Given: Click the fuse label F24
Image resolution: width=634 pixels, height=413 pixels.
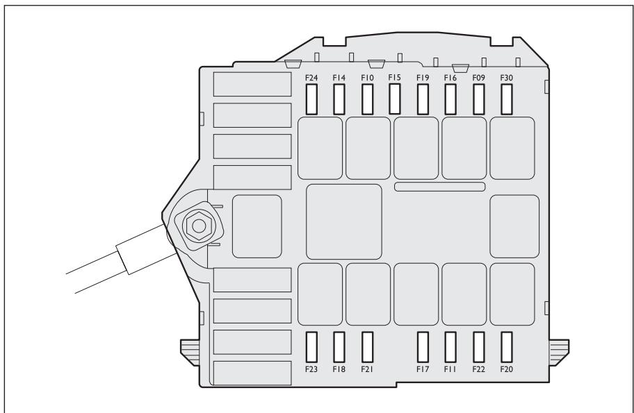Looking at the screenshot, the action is [x=311, y=78].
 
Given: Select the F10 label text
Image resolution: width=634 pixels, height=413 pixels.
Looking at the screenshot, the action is [x=367, y=78].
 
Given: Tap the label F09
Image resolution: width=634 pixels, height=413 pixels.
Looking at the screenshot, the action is [x=478, y=78].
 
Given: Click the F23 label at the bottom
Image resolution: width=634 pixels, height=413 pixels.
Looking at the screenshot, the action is [x=311, y=369].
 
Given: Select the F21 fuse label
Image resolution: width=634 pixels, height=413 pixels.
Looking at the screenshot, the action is [x=367, y=369].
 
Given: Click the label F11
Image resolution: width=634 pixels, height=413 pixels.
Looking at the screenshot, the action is [x=450, y=369].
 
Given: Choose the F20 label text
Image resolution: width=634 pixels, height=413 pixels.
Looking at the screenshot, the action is [x=506, y=369].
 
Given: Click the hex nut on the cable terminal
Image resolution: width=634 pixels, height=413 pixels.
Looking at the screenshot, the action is [x=199, y=226].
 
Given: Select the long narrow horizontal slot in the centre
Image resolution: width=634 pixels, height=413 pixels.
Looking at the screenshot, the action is [x=439, y=187].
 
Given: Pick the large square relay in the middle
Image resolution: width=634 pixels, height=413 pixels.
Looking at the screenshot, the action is [x=344, y=221].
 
